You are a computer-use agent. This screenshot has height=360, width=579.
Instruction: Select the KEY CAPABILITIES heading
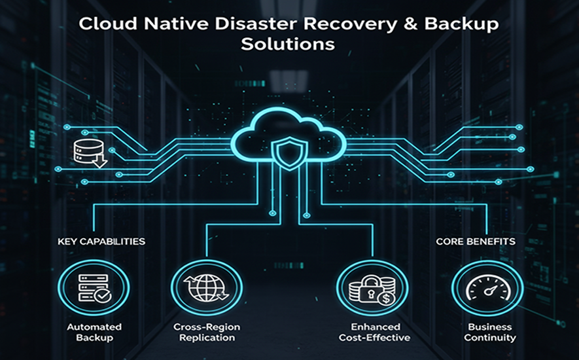[101, 242]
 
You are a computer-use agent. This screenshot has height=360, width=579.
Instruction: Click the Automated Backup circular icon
[94, 289]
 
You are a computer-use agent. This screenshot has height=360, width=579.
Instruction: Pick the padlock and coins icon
[372, 289]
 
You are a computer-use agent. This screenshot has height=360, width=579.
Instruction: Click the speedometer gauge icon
[487, 289]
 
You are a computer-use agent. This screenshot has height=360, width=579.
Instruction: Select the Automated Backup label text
[94, 332]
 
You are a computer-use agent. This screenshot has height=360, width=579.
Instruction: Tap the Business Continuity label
[490, 332]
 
